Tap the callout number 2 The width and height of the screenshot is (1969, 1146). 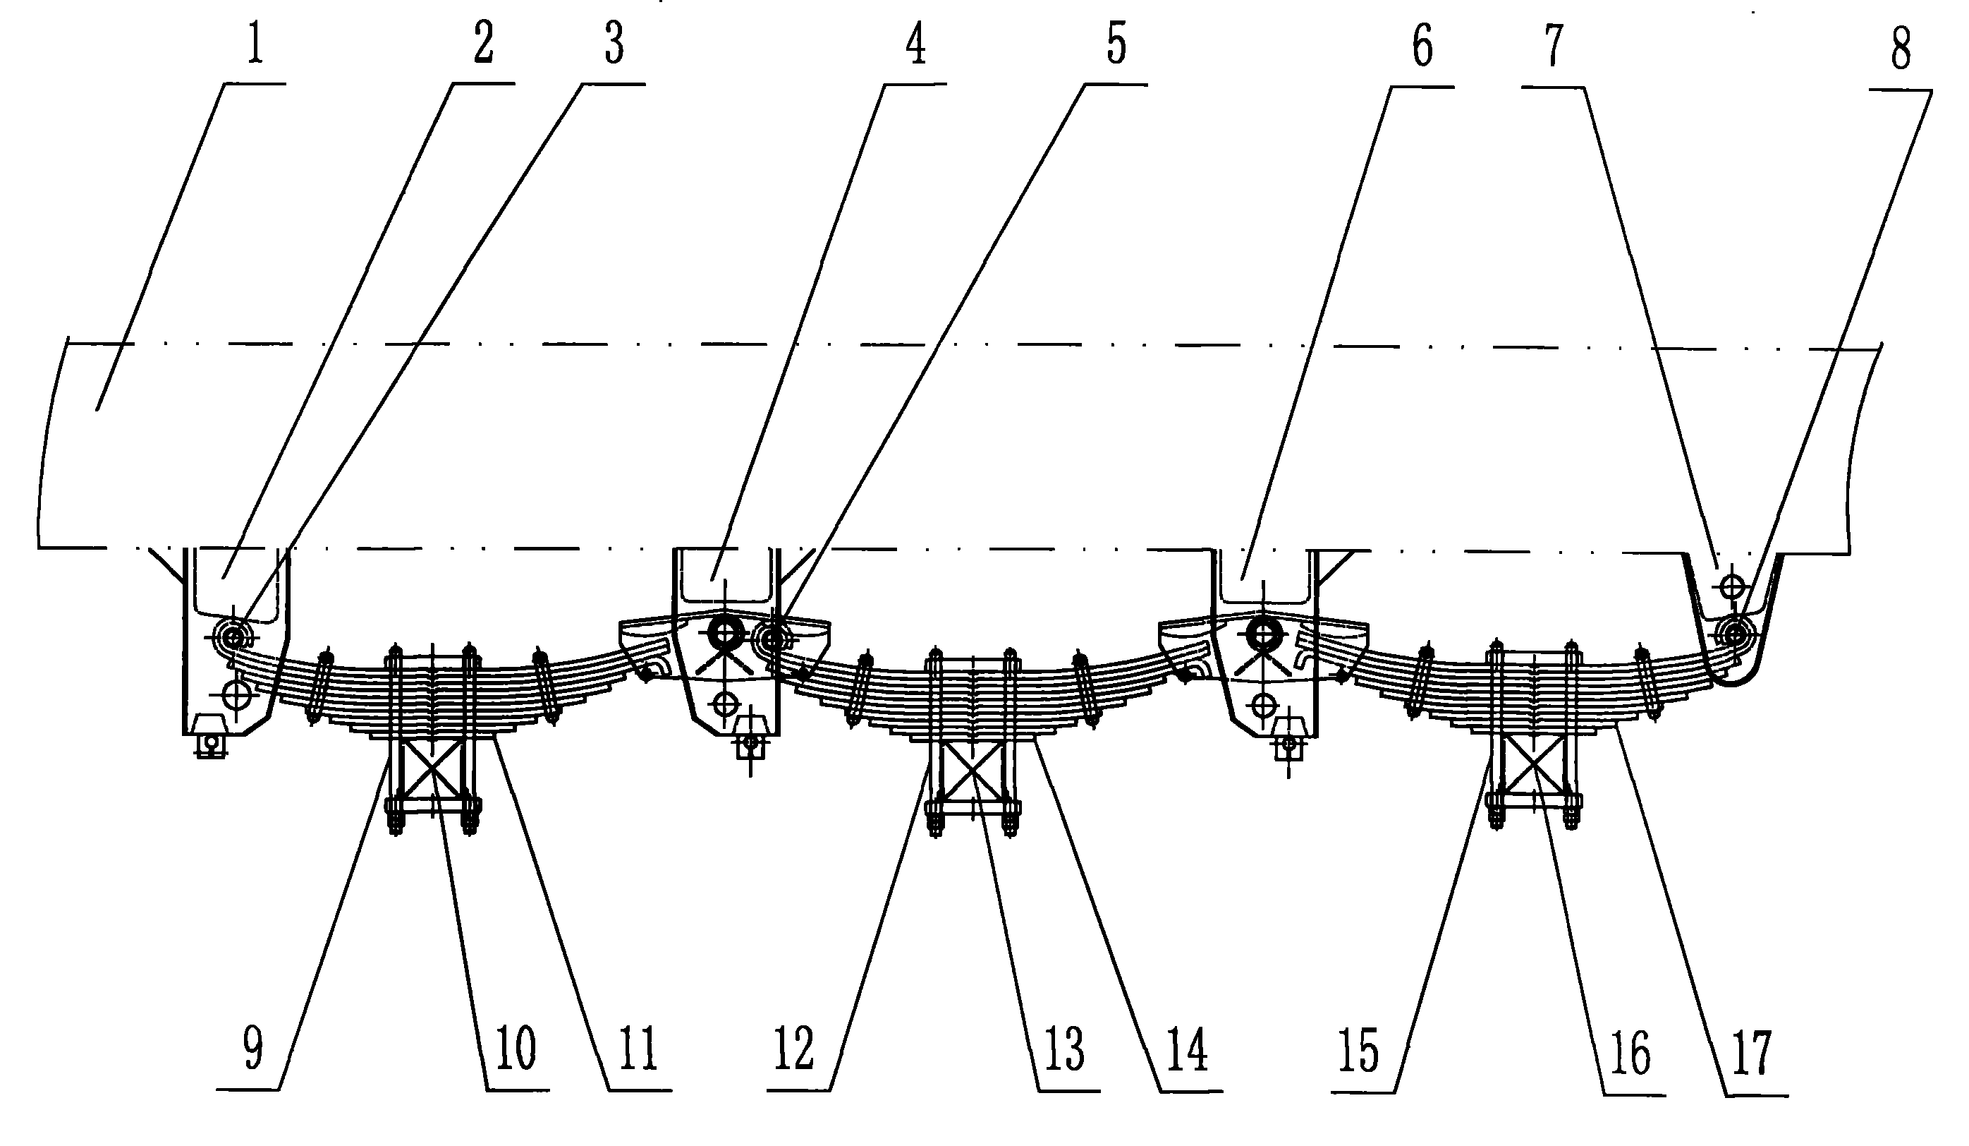pos(484,43)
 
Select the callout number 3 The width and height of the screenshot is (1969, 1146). pos(614,43)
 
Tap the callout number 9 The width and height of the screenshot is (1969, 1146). pos(253,1047)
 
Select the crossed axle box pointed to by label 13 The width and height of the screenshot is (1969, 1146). pos(971,771)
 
